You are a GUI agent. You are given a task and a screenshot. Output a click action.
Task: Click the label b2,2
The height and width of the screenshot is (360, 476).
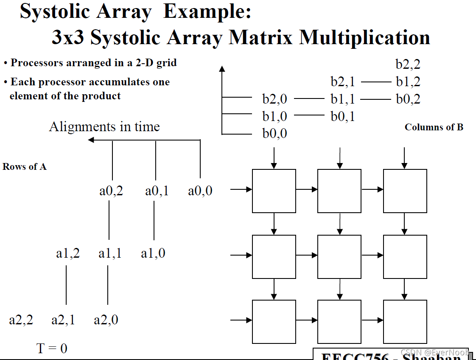click(408, 65)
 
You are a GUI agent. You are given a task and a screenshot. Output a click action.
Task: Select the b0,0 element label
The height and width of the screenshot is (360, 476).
click(274, 133)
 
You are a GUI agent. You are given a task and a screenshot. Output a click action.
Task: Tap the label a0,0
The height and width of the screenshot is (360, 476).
click(200, 191)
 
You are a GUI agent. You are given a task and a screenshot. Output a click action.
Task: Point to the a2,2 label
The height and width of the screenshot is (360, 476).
click(21, 320)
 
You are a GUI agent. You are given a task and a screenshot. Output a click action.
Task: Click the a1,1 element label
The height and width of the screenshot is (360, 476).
click(110, 253)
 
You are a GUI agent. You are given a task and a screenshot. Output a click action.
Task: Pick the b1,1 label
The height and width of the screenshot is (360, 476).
click(343, 99)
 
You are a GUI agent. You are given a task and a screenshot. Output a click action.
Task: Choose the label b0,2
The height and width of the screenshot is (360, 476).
click(408, 99)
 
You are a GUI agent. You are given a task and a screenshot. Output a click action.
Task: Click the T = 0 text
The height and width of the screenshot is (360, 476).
click(52, 349)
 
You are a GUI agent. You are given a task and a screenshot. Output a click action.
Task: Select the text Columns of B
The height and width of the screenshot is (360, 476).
click(434, 127)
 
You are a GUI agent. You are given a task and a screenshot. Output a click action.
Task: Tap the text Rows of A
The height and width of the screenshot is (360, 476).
click(25, 167)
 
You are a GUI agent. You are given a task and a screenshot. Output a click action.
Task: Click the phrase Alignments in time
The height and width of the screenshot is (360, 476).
click(104, 127)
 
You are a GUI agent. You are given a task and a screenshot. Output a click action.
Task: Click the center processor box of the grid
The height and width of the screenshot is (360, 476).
click(339, 257)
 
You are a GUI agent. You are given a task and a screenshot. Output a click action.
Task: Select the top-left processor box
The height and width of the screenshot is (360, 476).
click(274, 191)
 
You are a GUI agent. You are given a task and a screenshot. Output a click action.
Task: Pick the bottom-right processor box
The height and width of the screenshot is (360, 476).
click(405, 321)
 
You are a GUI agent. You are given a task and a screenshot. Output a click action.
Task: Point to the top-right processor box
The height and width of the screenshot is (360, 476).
click(405, 191)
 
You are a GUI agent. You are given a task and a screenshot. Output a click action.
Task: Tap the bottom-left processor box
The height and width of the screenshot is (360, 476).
click(274, 321)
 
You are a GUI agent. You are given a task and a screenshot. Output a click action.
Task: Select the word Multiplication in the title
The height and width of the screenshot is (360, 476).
click(365, 37)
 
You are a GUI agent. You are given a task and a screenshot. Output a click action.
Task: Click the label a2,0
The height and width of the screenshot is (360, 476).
click(106, 320)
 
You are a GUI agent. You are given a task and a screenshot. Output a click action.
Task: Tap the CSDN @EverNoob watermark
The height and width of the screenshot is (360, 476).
click(434, 352)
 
